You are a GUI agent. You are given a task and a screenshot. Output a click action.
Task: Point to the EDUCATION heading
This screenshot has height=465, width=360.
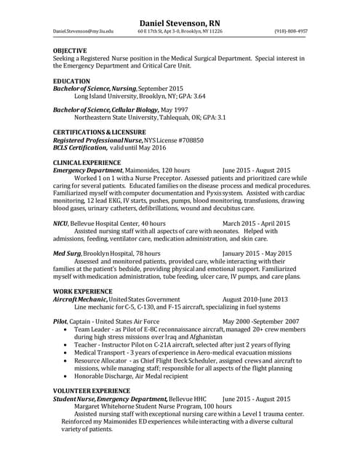[x=72, y=81]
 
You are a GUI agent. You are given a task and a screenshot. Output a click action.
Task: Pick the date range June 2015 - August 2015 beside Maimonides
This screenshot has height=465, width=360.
[x=256, y=170]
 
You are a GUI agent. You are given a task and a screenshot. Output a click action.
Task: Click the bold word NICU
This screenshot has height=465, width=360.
[x=61, y=224]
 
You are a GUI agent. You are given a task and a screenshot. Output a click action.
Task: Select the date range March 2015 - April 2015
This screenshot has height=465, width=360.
[x=256, y=224]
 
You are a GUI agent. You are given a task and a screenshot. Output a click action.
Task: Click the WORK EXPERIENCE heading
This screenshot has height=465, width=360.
[x=83, y=291]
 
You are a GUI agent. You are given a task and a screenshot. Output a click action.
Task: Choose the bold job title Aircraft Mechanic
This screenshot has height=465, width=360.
[x=80, y=299]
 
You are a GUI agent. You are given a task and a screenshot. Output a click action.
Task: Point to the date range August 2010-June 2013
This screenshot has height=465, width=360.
[x=255, y=299]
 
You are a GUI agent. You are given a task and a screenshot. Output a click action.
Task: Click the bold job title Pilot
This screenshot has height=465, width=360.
[x=60, y=321]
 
